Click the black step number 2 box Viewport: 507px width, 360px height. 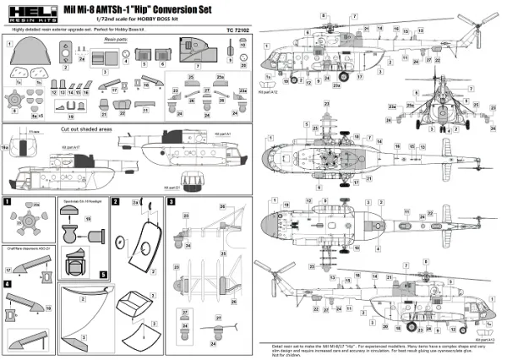pyautogui.click(x=117, y=202)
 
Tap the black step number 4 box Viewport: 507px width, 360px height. pyautogui.click(x=8, y=285)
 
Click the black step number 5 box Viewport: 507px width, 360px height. pyautogui.click(x=103, y=274)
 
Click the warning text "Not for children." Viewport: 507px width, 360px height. pyautogui.click(x=284, y=356)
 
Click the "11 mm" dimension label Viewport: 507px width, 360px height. pyautogui.click(x=34, y=134)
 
